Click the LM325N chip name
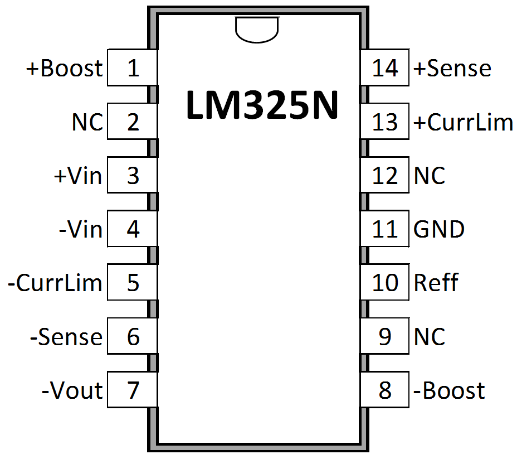tap(262, 106)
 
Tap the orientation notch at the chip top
tap(257, 29)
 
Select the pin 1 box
tap(132, 68)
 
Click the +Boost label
tap(65, 68)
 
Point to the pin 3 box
tap(132, 176)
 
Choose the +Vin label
tap(78, 176)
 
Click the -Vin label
tap(81, 229)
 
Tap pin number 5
tap(133, 283)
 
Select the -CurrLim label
tap(55, 283)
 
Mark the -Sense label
tap(66, 337)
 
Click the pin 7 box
tap(132, 390)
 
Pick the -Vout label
tap(72, 390)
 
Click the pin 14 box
tap(385, 68)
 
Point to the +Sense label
tap(452, 68)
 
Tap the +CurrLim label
tap(463, 122)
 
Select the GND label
tap(439, 229)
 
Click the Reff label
tap(436, 283)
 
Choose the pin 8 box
tap(385, 390)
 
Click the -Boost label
tap(449, 390)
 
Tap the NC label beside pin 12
tap(430, 176)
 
